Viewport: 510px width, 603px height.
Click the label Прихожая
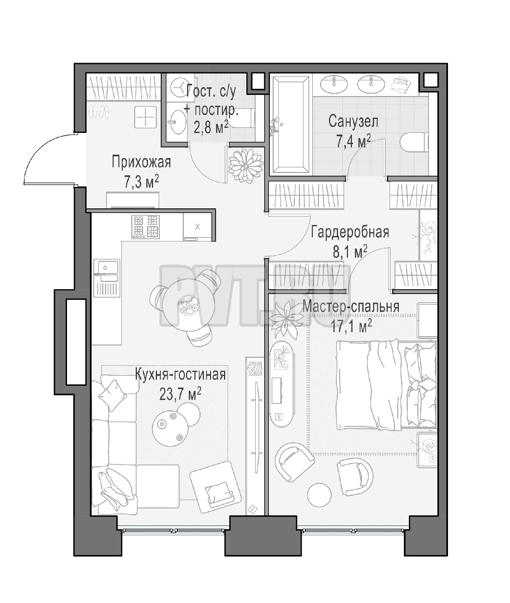pyautogui.click(x=141, y=162)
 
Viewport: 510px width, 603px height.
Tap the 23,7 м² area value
pyautogui.click(x=180, y=394)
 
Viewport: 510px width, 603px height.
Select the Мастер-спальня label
pyautogui.click(x=351, y=307)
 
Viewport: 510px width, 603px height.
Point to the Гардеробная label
pyautogui.click(x=350, y=232)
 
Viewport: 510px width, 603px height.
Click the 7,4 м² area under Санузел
pyautogui.click(x=354, y=141)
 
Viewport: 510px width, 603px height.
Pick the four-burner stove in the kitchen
pyautogui.click(x=145, y=227)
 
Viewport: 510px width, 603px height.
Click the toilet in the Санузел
pyautogui.click(x=414, y=142)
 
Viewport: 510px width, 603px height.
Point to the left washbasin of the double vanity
pyautogui.click(x=334, y=84)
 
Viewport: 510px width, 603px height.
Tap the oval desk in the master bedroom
pyautogui.click(x=282, y=382)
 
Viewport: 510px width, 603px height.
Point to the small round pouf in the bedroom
pyautogui.click(x=320, y=494)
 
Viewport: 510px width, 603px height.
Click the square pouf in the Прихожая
pyautogui.click(x=145, y=117)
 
